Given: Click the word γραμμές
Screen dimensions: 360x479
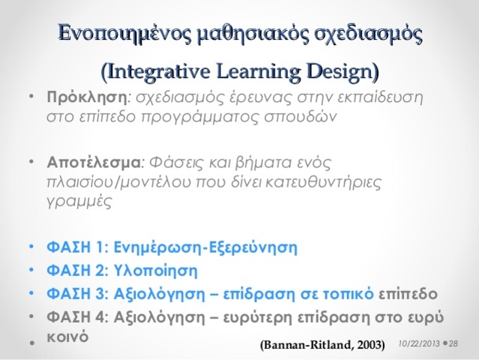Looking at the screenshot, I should coord(78,201).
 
